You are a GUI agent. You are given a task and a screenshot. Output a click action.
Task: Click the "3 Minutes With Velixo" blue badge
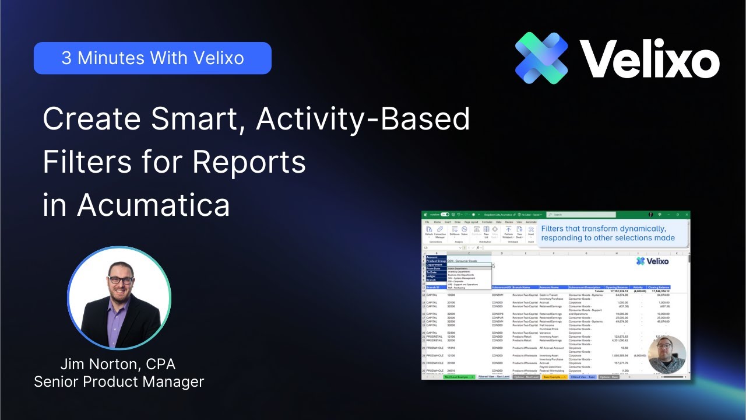(152, 58)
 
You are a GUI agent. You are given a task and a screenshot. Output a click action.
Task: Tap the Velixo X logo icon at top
(541, 58)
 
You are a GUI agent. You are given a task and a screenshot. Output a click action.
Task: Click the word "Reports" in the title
(249, 162)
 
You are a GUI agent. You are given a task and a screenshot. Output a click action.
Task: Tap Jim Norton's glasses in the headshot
(120, 280)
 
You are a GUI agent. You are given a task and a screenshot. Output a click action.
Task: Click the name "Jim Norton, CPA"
(118, 365)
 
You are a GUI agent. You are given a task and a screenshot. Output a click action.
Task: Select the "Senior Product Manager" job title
(119, 382)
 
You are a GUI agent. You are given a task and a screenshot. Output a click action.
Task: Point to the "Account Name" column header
(548, 287)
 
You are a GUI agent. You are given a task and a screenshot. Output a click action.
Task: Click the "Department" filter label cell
(435, 264)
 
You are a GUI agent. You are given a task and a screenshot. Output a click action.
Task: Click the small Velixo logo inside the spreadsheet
(652, 261)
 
